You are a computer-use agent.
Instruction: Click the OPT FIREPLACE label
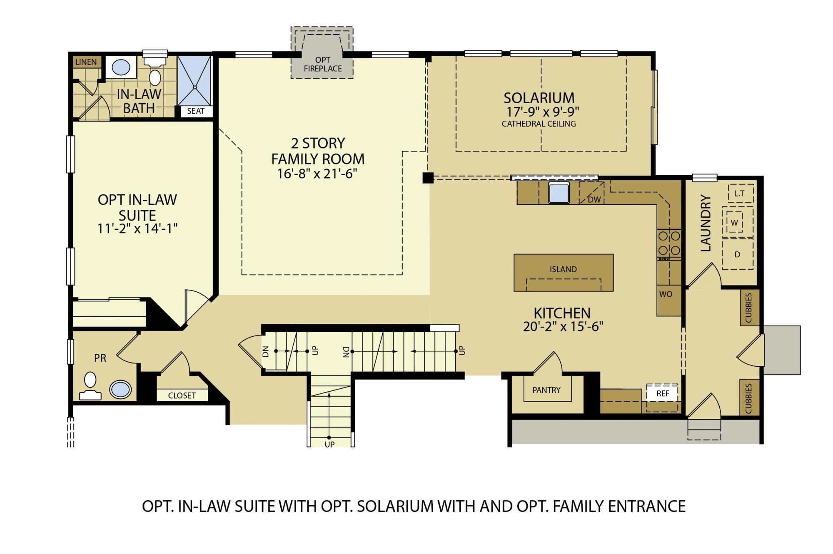[x=322, y=65]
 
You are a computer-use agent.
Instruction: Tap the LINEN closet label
[x=86, y=62]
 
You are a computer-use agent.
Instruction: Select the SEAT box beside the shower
[x=196, y=111]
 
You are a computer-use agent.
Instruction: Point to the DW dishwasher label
[x=594, y=199]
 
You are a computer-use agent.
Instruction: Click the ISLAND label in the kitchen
[x=563, y=269]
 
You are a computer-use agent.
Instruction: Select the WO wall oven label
[x=666, y=294]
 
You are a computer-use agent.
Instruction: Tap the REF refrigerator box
[x=662, y=393]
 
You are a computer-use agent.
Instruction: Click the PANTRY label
[x=546, y=390]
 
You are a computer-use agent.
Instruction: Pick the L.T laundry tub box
[x=739, y=193]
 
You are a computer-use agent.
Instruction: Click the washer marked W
[x=735, y=223]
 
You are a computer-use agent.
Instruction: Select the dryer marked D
[x=737, y=254]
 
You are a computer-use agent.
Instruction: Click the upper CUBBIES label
[x=748, y=308]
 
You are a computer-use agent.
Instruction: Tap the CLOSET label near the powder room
[x=182, y=395]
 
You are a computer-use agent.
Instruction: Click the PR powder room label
[x=100, y=358]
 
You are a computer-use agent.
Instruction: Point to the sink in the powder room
[x=120, y=390]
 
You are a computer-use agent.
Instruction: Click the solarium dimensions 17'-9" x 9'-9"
[x=543, y=112]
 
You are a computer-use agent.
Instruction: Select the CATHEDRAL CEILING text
[x=539, y=124]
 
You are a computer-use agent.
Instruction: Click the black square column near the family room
[x=428, y=178]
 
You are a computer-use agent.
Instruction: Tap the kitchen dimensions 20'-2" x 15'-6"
[x=563, y=327]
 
